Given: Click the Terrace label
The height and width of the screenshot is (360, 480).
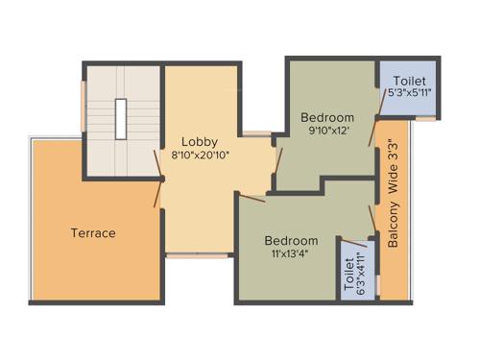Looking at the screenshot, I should [92, 232].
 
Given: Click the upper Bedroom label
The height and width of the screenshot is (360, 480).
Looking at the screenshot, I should [326, 117].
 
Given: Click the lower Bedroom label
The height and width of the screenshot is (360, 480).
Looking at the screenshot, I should [292, 240].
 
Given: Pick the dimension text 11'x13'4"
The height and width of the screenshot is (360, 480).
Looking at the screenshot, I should [292, 254].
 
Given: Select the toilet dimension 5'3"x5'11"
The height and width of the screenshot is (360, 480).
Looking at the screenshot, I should [409, 93].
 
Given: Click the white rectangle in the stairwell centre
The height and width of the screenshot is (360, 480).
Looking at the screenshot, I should [122, 120].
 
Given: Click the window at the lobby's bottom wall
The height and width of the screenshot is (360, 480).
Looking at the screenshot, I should [197, 255].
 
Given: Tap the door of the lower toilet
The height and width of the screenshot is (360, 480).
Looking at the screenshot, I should [356, 242].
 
